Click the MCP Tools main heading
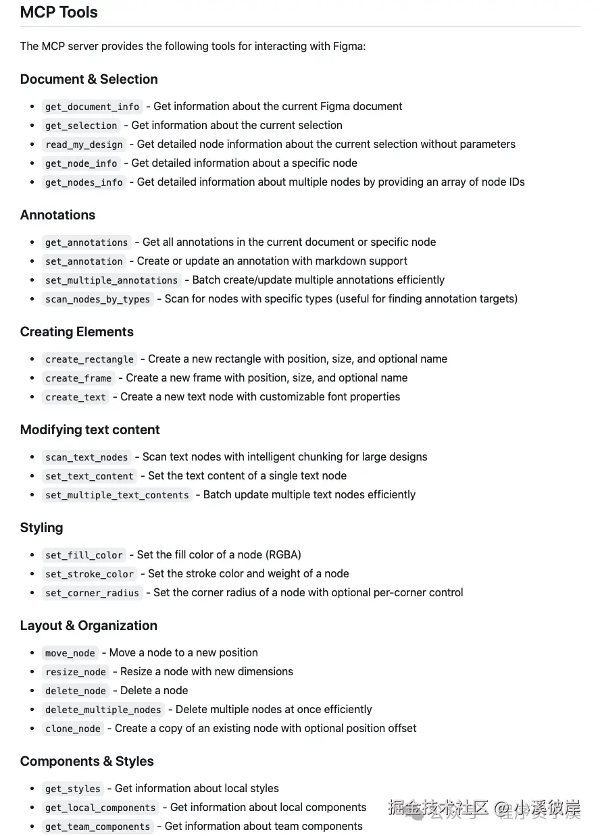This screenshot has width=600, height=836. [59, 12]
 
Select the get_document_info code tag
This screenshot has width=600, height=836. [93, 107]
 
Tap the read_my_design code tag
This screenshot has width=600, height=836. [84, 145]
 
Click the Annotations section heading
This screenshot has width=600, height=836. [57, 215]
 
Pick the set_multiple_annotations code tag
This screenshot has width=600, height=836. [111, 280]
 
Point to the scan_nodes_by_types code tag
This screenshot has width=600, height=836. [98, 299]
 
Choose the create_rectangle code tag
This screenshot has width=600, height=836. [89, 359]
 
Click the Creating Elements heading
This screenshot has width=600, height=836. [77, 332]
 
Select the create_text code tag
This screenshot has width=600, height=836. [76, 397]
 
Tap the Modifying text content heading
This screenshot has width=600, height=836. [90, 429]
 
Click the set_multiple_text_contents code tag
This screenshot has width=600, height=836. [117, 495]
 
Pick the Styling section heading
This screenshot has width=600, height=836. [41, 527]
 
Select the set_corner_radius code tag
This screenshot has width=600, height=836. [93, 593]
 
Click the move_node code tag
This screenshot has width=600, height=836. [70, 653]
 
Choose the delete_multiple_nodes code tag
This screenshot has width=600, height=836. [103, 710]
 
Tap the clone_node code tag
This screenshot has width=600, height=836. [73, 729]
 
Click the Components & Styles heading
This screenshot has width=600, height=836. [86, 761]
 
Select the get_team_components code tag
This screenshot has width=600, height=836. [98, 827]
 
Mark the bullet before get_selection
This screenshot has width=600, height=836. [32, 126]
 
